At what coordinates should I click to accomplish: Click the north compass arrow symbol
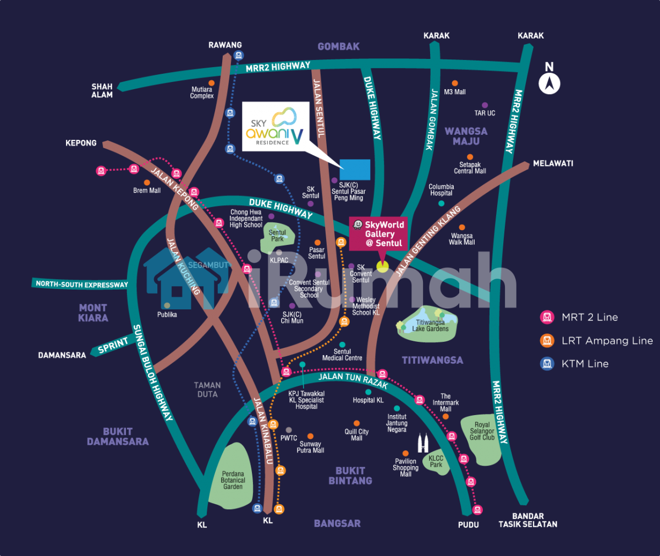(549, 84)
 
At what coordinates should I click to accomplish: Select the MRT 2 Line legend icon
(547, 317)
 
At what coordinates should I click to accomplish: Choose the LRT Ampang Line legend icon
(547, 341)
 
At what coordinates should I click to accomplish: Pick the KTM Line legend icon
(547, 364)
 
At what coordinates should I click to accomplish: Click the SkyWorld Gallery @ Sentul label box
(378, 234)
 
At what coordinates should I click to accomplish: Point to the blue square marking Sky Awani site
(355, 170)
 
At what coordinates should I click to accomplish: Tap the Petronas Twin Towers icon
(422, 443)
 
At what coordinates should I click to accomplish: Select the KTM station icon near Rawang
(239, 55)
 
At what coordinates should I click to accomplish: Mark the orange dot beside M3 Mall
(455, 84)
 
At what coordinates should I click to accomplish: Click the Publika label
(167, 315)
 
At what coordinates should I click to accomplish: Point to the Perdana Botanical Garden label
(233, 480)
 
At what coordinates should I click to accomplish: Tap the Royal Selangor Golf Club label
(482, 431)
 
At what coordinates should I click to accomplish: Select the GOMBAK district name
(338, 47)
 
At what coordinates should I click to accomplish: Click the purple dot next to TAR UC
(485, 105)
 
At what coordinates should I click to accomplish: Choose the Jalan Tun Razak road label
(353, 380)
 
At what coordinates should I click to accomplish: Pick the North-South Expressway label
(81, 284)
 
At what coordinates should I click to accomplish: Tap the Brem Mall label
(147, 190)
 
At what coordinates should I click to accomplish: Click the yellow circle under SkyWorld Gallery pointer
(382, 267)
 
